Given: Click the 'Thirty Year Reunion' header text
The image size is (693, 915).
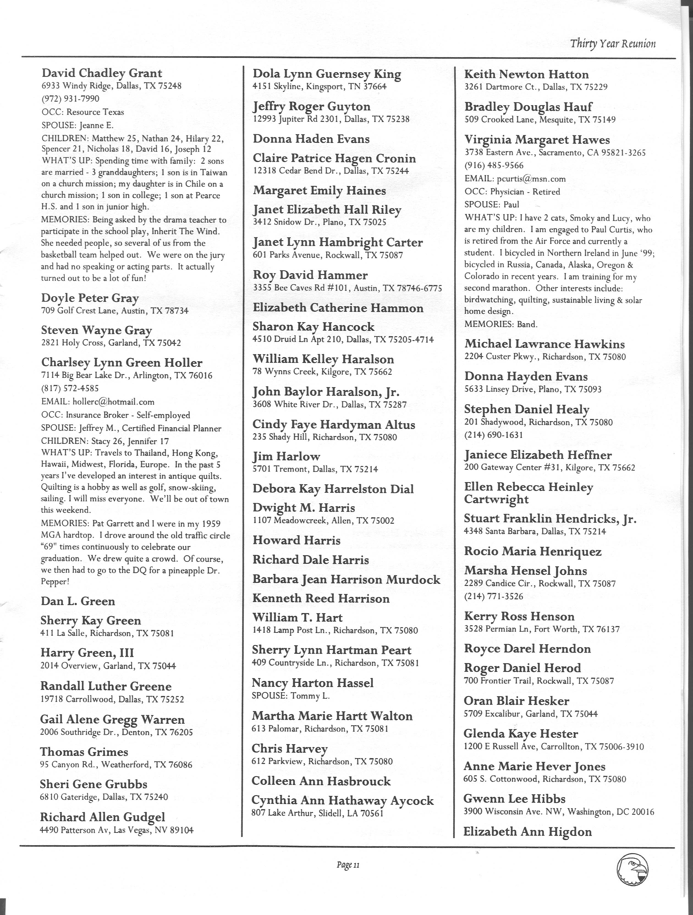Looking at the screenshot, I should click(x=613, y=43).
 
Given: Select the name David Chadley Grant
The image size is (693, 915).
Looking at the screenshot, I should click(x=102, y=73).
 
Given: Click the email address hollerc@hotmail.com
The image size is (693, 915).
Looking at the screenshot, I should click(x=113, y=402).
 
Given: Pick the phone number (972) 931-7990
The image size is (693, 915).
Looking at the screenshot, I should click(x=70, y=99).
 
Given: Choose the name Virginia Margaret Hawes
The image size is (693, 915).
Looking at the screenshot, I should click(x=537, y=140).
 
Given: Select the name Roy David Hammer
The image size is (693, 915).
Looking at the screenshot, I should click(x=310, y=275).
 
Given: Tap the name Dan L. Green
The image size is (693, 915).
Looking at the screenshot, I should click(x=78, y=601).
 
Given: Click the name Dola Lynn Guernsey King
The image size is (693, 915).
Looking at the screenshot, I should click(x=327, y=75).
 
